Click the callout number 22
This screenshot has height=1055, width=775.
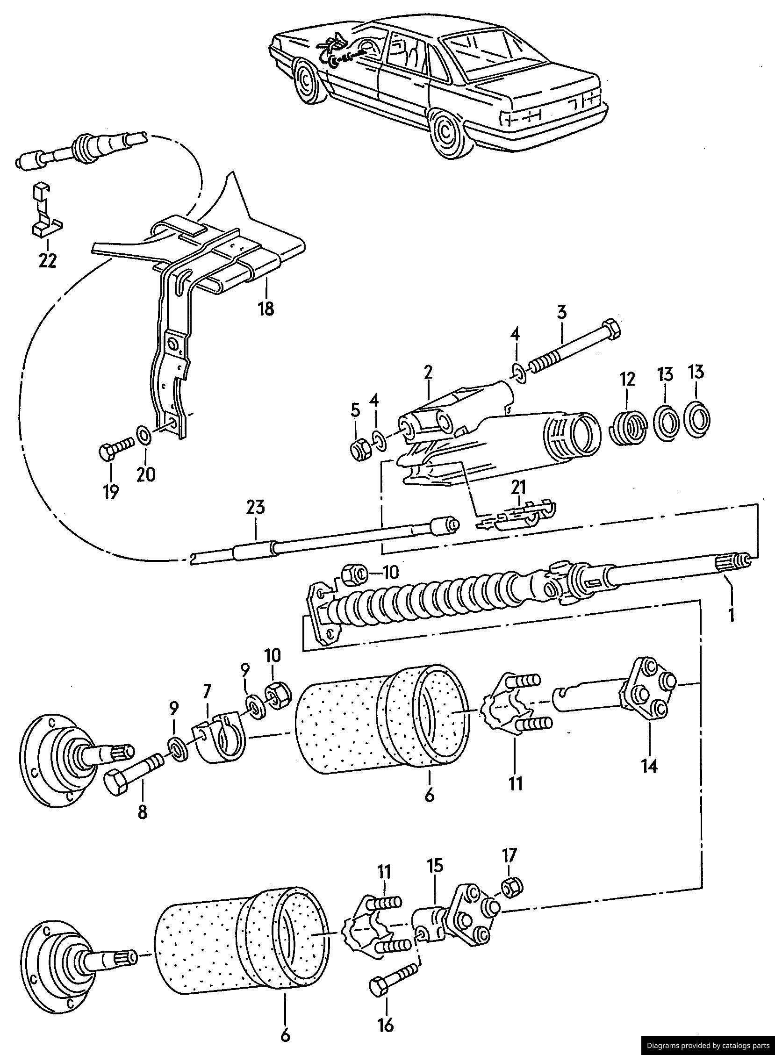coord(48,260)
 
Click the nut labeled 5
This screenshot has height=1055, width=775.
coord(362,450)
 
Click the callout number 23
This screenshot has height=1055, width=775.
coord(256,508)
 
